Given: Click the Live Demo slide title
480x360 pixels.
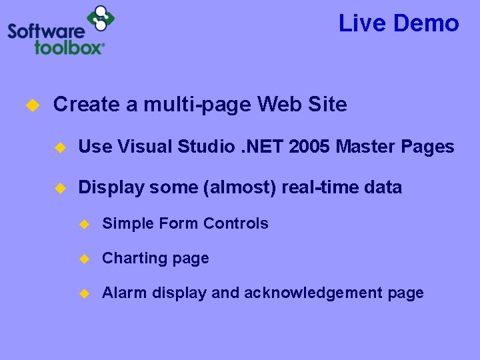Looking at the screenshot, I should point(399,23).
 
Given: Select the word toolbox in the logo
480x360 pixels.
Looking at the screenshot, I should point(69,47).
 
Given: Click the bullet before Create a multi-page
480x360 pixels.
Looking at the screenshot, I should point(31,105).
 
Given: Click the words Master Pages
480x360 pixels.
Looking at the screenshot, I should point(395,147).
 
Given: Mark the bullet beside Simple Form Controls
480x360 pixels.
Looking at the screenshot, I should point(84,224).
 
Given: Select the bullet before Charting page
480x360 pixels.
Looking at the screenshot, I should point(84,259).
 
